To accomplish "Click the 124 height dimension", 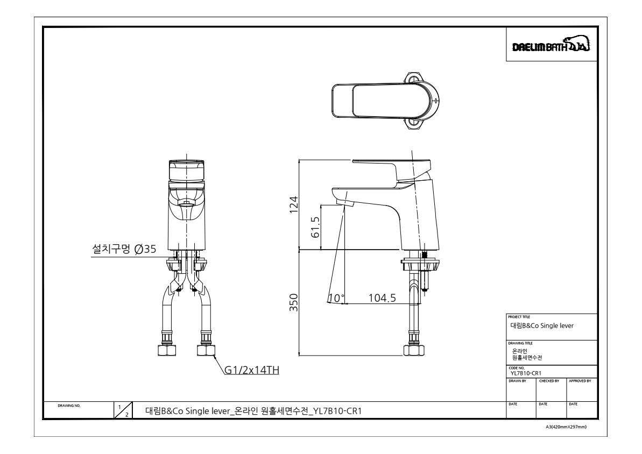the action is tap(294, 205).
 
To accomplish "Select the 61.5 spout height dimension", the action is tap(315, 227).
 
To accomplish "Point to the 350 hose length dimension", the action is tap(294, 302).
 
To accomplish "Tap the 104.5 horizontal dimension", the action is tap(382, 297).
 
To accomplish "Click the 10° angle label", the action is tap(336, 298).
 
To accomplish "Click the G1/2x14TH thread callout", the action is tap(252, 370).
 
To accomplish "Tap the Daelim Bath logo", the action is tap(551, 45).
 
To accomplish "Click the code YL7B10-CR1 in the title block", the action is tap(526, 373).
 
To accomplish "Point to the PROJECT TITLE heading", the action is tap(519, 317).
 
